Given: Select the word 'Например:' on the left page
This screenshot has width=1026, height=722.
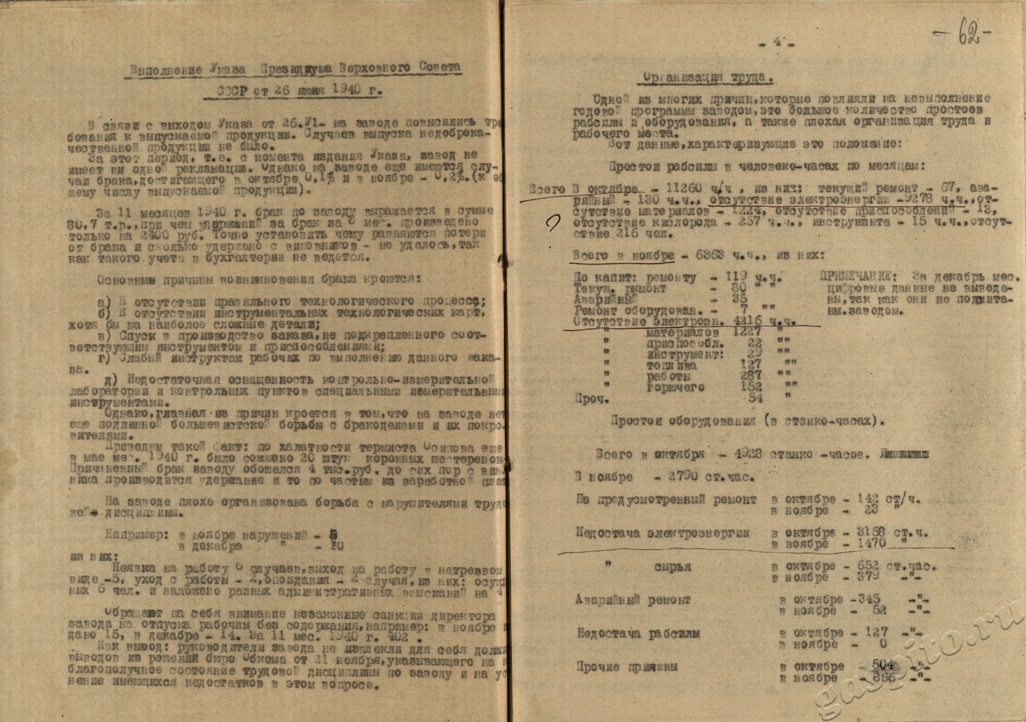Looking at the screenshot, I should point(140,536).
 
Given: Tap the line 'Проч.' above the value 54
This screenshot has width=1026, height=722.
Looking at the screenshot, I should point(592,400).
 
